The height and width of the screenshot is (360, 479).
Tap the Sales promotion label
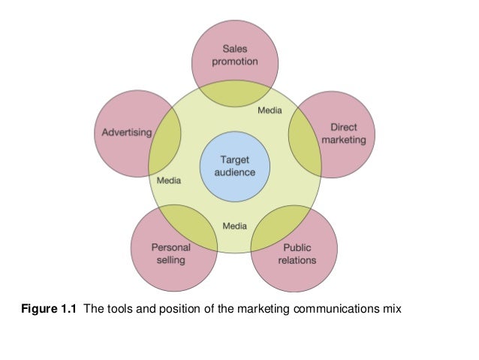(x=235, y=55)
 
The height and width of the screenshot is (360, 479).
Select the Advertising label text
(x=126, y=133)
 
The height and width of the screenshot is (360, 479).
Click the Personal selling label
(x=171, y=253)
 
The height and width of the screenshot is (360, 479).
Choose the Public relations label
(x=297, y=254)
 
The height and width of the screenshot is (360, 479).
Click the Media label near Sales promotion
(x=270, y=110)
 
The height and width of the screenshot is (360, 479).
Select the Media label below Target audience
(x=235, y=225)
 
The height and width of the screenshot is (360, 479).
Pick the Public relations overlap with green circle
(x=277, y=225)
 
